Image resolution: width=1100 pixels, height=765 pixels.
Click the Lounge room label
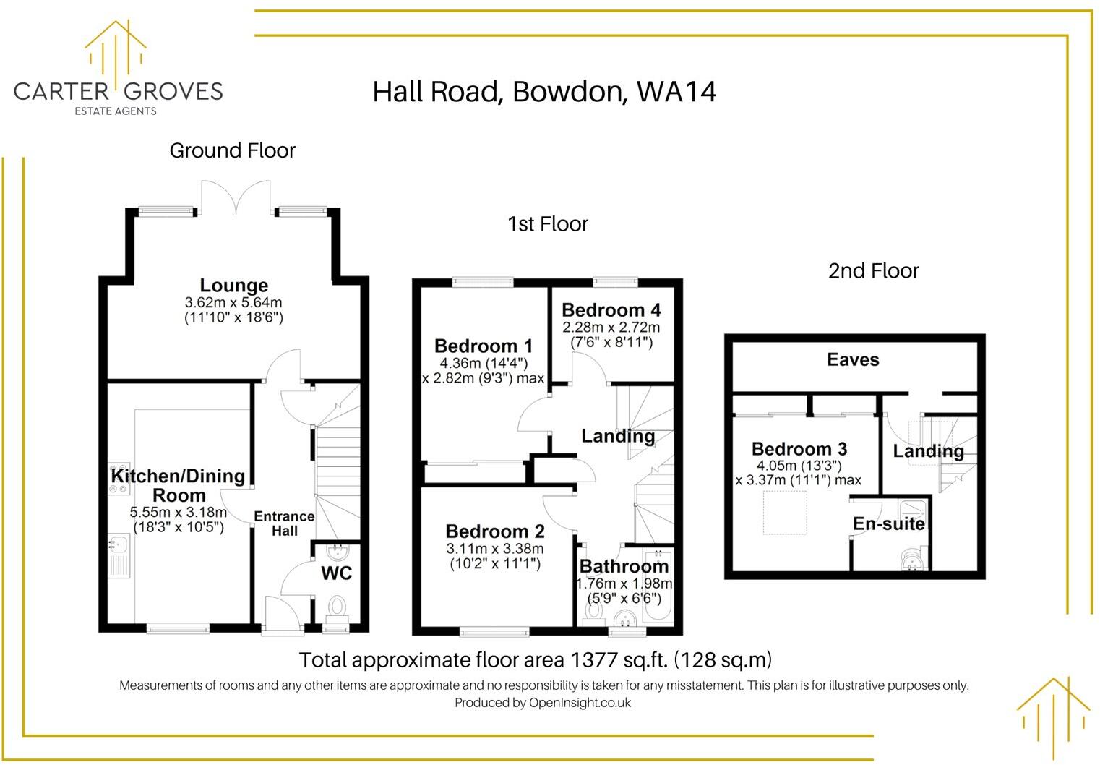tap(233, 286)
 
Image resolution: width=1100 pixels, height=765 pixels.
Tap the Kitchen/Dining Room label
tap(178, 485)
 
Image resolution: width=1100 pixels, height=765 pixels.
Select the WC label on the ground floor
tap(337, 573)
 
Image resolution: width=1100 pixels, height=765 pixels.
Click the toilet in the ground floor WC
tap(337, 606)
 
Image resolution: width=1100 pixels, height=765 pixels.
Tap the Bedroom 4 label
tap(611, 310)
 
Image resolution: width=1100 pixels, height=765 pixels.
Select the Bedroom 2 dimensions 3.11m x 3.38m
tap(495, 549)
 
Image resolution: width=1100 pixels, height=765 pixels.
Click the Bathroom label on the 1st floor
tap(624, 566)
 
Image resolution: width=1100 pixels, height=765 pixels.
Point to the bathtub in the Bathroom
tap(658, 593)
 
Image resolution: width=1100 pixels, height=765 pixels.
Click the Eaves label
tap(853, 360)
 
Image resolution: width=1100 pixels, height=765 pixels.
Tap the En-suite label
tap(888, 523)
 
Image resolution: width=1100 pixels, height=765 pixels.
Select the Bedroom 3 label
tap(799, 449)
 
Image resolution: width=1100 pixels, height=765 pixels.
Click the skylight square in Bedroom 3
tap(785, 513)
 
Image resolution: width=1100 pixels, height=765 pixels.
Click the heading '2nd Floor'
tap(873, 271)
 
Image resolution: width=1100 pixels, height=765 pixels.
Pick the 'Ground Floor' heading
tap(233, 150)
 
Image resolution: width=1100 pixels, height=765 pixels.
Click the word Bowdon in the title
tap(570, 92)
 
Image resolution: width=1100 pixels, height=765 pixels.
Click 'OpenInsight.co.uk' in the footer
tap(580, 703)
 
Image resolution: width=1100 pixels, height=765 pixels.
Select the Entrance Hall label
tap(284, 523)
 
